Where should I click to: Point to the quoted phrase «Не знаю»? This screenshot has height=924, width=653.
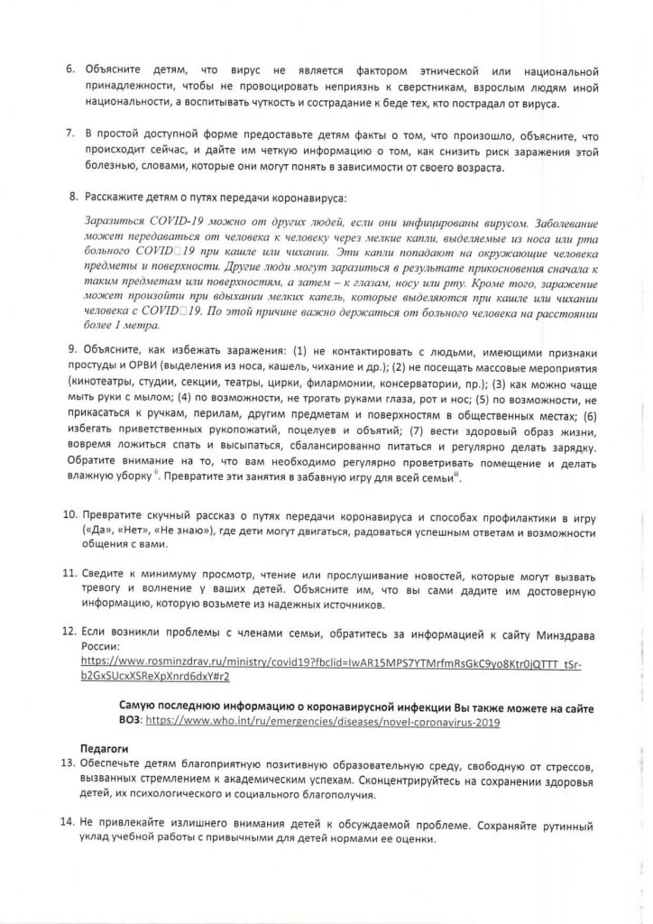[188, 531]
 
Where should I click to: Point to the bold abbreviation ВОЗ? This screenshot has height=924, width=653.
[131, 723]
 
